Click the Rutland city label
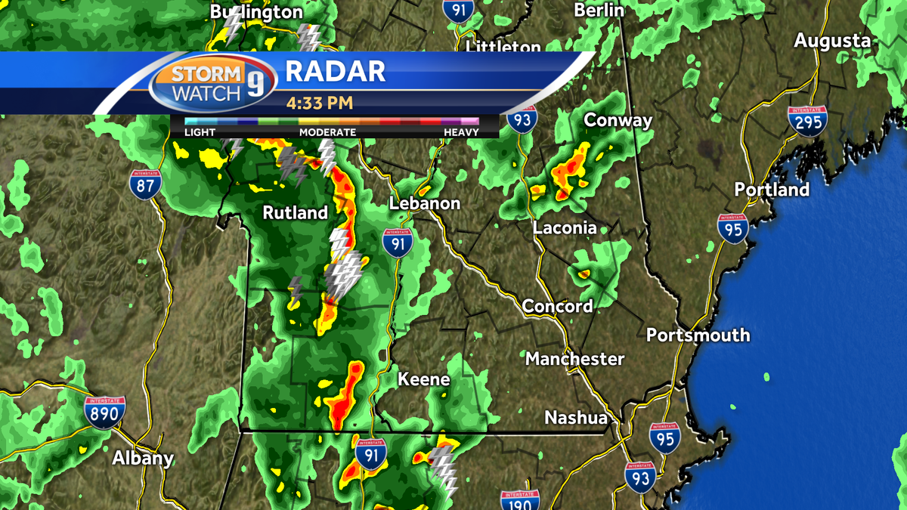coord(296,213)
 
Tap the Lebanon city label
coord(425,203)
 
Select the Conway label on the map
coord(618,120)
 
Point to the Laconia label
coord(565,227)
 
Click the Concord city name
coord(558,306)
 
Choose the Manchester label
coord(575,358)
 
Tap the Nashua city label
coord(576,418)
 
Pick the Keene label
coord(424,379)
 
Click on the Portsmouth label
coord(698,335)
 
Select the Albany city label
coord(143,458)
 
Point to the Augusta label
coord(832,41)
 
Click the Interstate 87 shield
coord(144,184)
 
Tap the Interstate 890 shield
coord(105,413)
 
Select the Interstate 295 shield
coord(807,121)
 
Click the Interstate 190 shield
coord(520,500)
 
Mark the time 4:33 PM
coord(320,102)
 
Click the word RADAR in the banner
coord(336,71)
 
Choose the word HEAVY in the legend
coord(461,132)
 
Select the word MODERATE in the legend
coord(327,132)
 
